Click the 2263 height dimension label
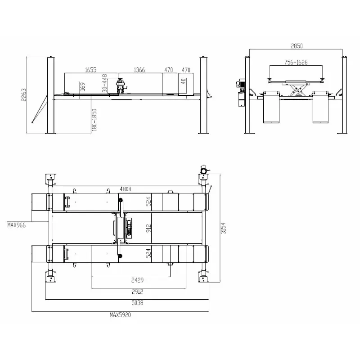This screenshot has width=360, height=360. point(24,94)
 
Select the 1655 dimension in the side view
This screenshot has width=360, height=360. point(91,70)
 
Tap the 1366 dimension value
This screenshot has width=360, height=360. point(139,70)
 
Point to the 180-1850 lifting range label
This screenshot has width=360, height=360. point(94,120)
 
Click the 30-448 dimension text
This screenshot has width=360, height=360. point(104,83)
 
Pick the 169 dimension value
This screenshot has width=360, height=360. point(82,86)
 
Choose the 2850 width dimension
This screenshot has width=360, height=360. point(297,46)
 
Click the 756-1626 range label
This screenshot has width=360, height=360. point(296,62)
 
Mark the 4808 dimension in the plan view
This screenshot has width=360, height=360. point(126,189)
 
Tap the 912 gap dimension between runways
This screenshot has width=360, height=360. point(148,228)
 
